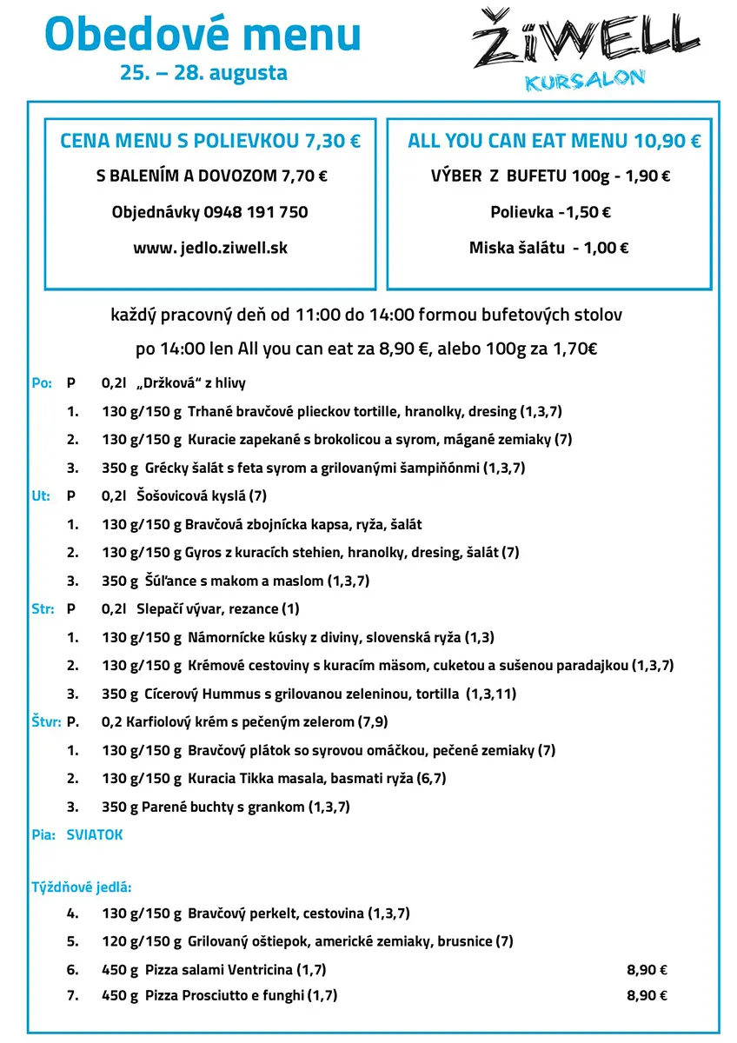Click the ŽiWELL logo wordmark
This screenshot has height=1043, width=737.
(x=585, y=40)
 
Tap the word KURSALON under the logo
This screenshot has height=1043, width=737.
(x=585, y=80)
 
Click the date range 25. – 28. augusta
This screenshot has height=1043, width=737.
(x=204, y=72)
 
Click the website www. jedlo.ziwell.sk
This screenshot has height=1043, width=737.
(x=210, y=248)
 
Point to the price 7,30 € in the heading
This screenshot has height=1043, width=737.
(x=333, y=141)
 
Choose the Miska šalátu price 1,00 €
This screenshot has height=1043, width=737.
(x=607, y=248)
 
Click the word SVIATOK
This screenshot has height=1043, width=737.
(x=95, y=835)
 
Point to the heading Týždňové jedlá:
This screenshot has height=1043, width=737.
(x=82, y=887)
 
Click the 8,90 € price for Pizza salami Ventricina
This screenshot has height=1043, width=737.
(x=647, y=970)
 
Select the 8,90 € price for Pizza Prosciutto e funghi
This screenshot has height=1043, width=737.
(x=647, y=996)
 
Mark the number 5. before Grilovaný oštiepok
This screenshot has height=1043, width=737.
(x=73, y=941)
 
